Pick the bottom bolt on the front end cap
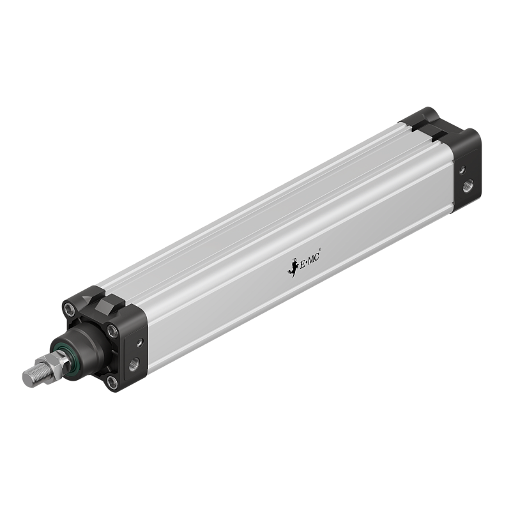pyautogui.click(x=112, y=382)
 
